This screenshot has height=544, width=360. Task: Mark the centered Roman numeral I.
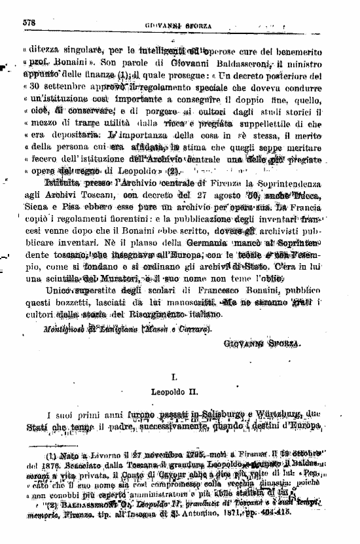[x=175, y=378]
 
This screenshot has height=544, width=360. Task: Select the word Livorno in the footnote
[x=92, y=453]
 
